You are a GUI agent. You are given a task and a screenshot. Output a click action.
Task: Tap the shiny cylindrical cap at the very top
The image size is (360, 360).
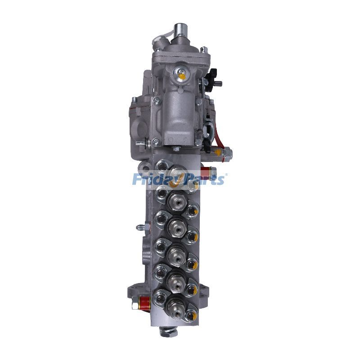pos(181,29)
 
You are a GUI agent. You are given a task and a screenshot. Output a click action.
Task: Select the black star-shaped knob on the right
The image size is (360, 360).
pos(212,74)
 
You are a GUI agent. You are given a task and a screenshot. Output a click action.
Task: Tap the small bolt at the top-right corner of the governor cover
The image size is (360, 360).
pos(203,49)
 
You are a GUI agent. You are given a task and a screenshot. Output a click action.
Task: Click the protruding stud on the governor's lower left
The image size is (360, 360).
pos(140,144)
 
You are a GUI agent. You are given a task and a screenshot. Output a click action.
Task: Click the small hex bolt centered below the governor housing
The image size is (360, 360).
pos(176,148)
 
